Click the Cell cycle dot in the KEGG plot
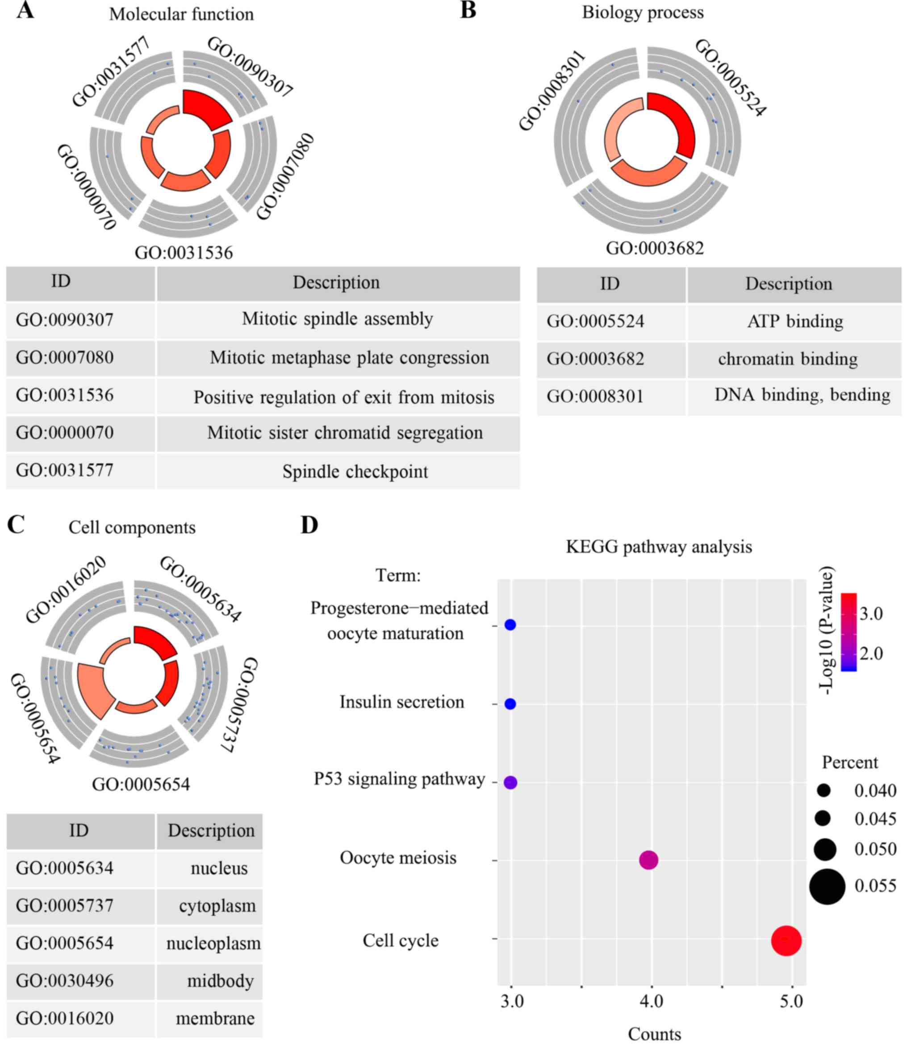tap(786, 941)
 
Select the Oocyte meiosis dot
tap(648, 860)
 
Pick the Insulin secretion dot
tap(510, 704)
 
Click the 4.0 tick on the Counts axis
tap(652, 1001)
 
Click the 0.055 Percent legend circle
tap(827, 886)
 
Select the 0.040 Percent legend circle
tap(824, 791)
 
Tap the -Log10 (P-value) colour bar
tap(849, 632)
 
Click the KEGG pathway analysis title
tap(659, 547)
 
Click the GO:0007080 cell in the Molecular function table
tap(65, 357)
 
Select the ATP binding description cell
tap(794, 321)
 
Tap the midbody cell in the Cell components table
tap(220, 981)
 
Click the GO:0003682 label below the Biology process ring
tap(655, 248)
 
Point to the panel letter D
tap(309, 525)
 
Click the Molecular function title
tap(181, 14)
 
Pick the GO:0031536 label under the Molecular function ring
tap(184, 252)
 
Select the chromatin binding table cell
tap(788, 359)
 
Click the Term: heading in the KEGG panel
tap(398, 575)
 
